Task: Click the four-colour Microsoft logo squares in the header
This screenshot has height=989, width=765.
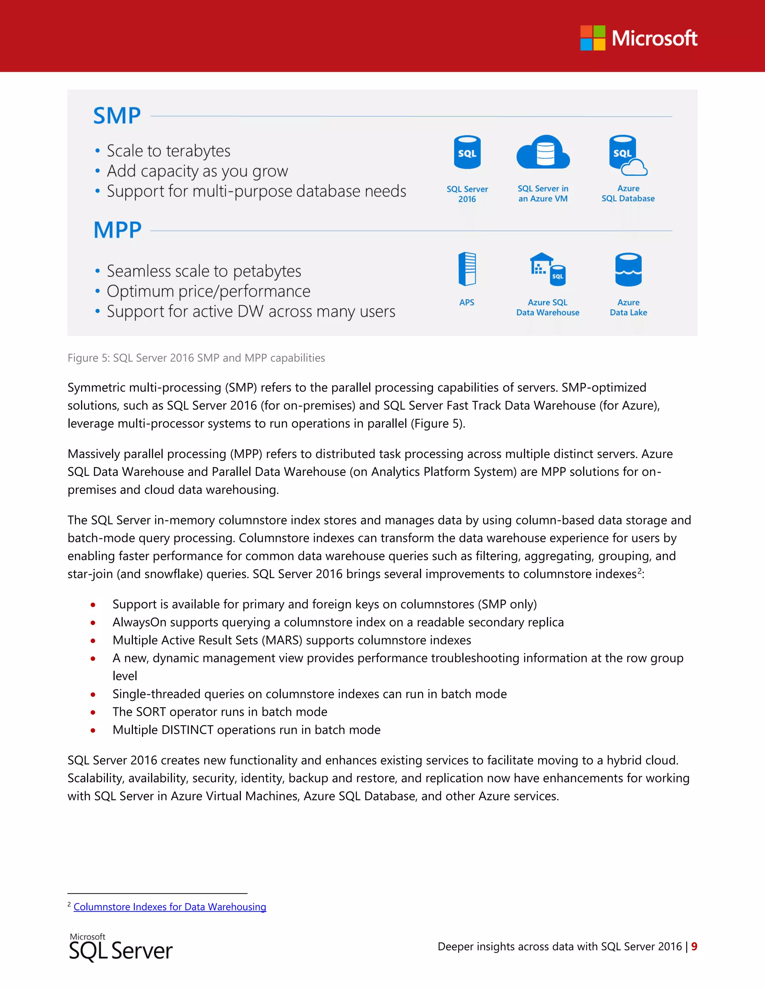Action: (592, 38)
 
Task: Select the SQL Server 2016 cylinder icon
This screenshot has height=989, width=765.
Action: (467, 152)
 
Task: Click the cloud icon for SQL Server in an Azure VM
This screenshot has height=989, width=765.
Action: (543, 152)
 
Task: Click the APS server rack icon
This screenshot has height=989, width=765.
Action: (467, 269)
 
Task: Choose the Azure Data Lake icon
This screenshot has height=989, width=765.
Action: (628, 269)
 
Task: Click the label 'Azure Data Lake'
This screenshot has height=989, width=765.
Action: (628, 308)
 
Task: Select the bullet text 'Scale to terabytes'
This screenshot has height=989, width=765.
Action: (168, 151)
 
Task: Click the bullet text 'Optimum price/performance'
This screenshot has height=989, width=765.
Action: (208, 291)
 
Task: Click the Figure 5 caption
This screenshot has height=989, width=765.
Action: (196, 358)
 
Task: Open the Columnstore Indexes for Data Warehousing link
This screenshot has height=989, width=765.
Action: (170, 907)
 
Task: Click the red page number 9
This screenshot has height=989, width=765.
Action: (694, 946)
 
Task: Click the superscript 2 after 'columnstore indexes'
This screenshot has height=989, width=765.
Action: (639, 571)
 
